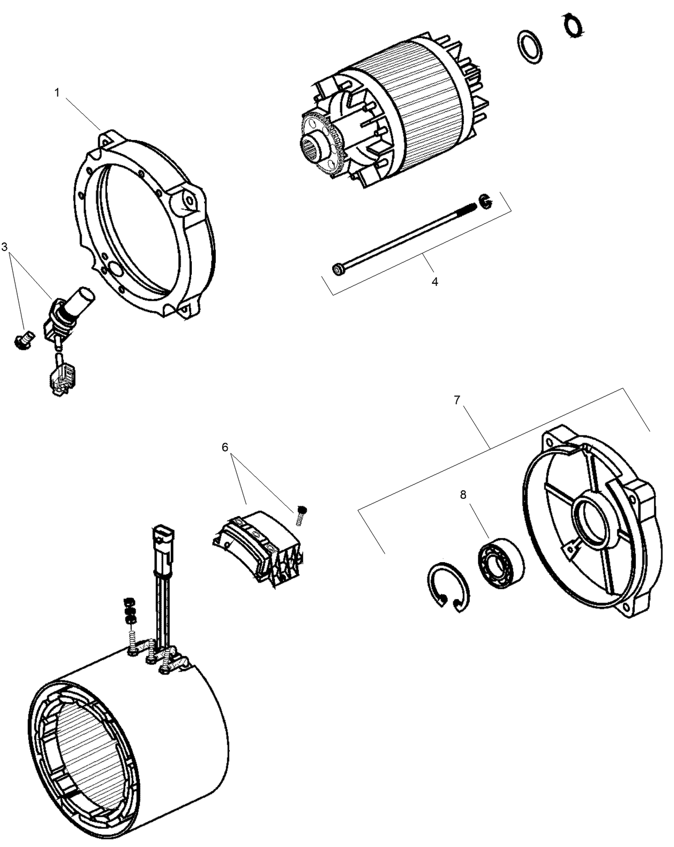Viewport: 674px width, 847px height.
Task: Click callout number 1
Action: [57, 93]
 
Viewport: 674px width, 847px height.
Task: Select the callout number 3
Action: [5, 247]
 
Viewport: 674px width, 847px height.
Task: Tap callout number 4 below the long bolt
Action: [435, 282]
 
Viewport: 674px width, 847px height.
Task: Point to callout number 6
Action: [225, 447]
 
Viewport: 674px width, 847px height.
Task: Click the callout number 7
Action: [457, 400]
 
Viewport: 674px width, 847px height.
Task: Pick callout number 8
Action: [463, 495]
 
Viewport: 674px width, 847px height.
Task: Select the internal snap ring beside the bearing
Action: [449, 587]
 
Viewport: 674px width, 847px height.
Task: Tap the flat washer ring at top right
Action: [529, 47]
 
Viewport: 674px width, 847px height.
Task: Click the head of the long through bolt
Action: [339, 268]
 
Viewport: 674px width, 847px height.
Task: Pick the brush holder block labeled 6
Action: [259, 547]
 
